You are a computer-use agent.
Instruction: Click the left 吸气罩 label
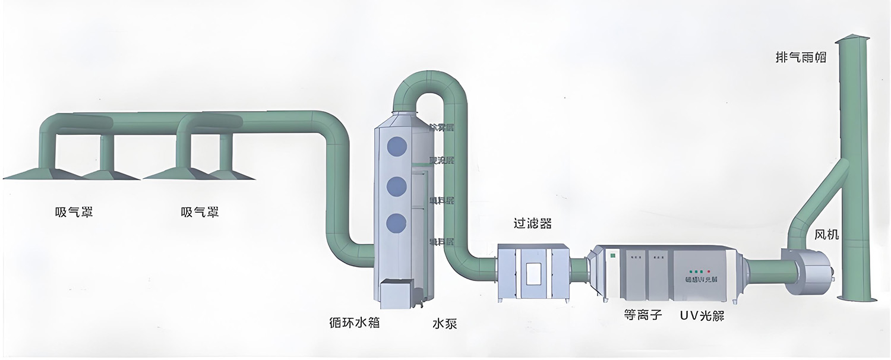pos(73,211)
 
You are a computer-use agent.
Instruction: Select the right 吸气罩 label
pos(199,211)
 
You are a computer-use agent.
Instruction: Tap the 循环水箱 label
pos(353,323)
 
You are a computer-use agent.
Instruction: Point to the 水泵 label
pos(445,324)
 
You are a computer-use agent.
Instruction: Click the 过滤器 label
pos(532,223)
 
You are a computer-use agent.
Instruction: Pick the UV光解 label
pos(702,315)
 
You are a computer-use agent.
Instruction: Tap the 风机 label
pos(826,235)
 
